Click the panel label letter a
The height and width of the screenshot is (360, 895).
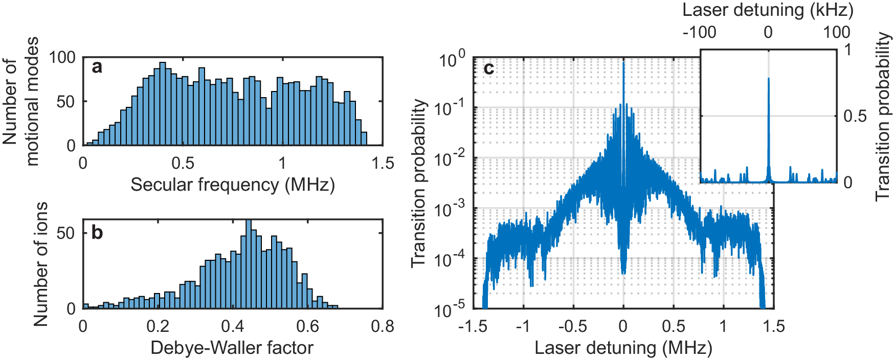(97, 67)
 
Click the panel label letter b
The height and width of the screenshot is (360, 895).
(97, 233)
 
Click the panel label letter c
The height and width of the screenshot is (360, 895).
(488, 68)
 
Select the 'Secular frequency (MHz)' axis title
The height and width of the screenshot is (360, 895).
(233, 185)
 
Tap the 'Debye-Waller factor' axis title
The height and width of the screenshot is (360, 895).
(232, 348)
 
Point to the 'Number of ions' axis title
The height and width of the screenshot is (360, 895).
(40, 264)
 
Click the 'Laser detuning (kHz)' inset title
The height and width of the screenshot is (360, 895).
(768, 10)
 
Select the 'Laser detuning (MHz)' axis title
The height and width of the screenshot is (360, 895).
(623, 348)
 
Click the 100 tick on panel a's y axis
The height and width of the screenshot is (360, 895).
(62, 57)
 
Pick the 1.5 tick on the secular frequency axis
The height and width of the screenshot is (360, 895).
(383, 164)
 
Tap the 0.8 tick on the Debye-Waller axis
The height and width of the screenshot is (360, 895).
(383, 326)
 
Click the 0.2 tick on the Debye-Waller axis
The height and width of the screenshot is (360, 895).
(158, 326)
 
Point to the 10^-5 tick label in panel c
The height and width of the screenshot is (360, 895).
(451, 308)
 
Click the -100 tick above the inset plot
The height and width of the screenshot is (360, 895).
(700, 32)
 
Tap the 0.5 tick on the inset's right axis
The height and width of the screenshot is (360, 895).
(855, 116)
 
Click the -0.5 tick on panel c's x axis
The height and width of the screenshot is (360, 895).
(572, 326)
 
